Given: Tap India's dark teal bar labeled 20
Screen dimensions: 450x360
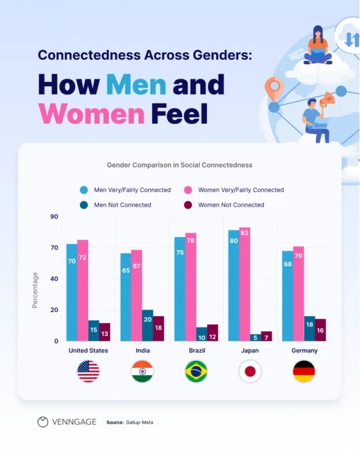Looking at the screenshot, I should point(147,325).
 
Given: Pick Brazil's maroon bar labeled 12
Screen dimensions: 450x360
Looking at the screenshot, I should point(213,332).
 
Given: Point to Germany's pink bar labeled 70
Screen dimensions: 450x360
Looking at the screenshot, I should point(299,293).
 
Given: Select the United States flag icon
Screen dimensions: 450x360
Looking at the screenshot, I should point(88,372).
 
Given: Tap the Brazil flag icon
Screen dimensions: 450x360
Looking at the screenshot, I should point(196,372).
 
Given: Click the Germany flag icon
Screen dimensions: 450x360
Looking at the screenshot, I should point(304,372).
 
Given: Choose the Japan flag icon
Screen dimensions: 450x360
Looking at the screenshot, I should point(250,372).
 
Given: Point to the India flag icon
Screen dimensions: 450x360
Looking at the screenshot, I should point(142,372).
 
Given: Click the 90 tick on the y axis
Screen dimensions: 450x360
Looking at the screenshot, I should point(54,217).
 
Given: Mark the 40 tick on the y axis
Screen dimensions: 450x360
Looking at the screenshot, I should point(54,279).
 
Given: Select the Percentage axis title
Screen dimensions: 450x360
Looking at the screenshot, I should point(35,290).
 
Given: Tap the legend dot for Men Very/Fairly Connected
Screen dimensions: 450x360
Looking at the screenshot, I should point(84,190).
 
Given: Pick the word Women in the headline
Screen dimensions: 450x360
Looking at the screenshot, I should point(91,113).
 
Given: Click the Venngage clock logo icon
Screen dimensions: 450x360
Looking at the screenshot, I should point(42,422).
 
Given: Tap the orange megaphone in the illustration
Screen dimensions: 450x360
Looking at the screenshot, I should point(328,99).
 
